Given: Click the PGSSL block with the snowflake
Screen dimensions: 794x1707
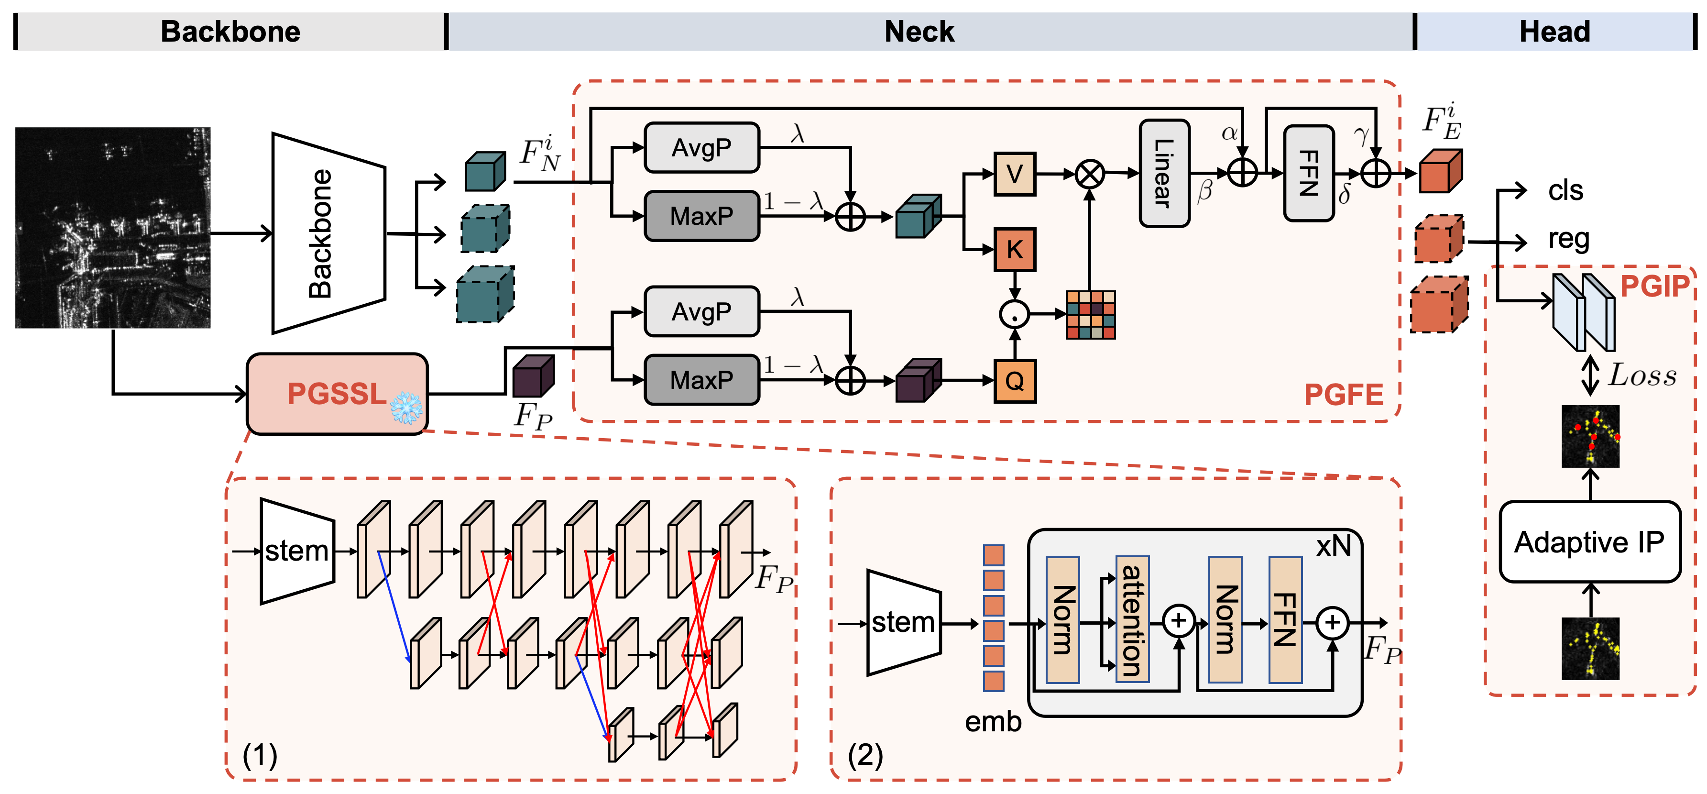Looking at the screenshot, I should click(x=337, y=394).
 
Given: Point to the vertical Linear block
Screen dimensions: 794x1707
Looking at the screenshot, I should click(x=1164, y=174).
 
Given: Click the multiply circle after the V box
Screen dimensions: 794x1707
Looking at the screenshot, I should click(x=1089, y=174).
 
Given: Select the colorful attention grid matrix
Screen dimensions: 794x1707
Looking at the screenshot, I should click(x=1090, y=315).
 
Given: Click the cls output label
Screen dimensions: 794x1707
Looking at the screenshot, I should click(x=1565, y=191).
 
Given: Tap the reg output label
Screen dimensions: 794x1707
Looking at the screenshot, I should click(x=1568, y=239).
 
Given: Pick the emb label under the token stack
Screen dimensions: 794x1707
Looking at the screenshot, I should click(x=993, y=721).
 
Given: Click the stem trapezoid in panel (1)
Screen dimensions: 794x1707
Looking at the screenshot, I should click(x=297, y=551).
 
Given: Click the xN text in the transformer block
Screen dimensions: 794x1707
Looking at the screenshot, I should click(x=1333, y=546).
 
